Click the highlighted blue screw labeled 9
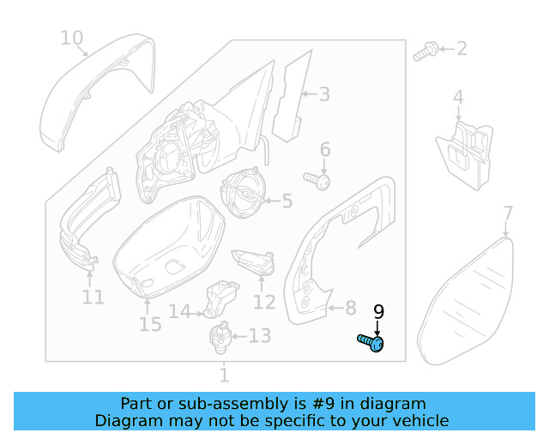tap(371, 343)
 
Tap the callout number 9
tap(378, 313)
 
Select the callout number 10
tap(72, 38)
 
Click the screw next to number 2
tap(424, 53)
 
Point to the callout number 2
tap(461, 48)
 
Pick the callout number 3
tap(324, 94)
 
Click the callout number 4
tap(458, 98)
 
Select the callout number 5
tap(287, 201)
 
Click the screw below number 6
tap(318, 180)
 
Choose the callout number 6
tap(325, 151)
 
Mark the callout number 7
tap(507, 213)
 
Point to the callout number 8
tap(349, 307)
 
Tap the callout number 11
tap(93, 298)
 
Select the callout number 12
tap(264, 302)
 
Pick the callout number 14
tap(178, 312)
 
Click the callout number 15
tap(150, 324)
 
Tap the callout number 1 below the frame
tap(224, 376)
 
